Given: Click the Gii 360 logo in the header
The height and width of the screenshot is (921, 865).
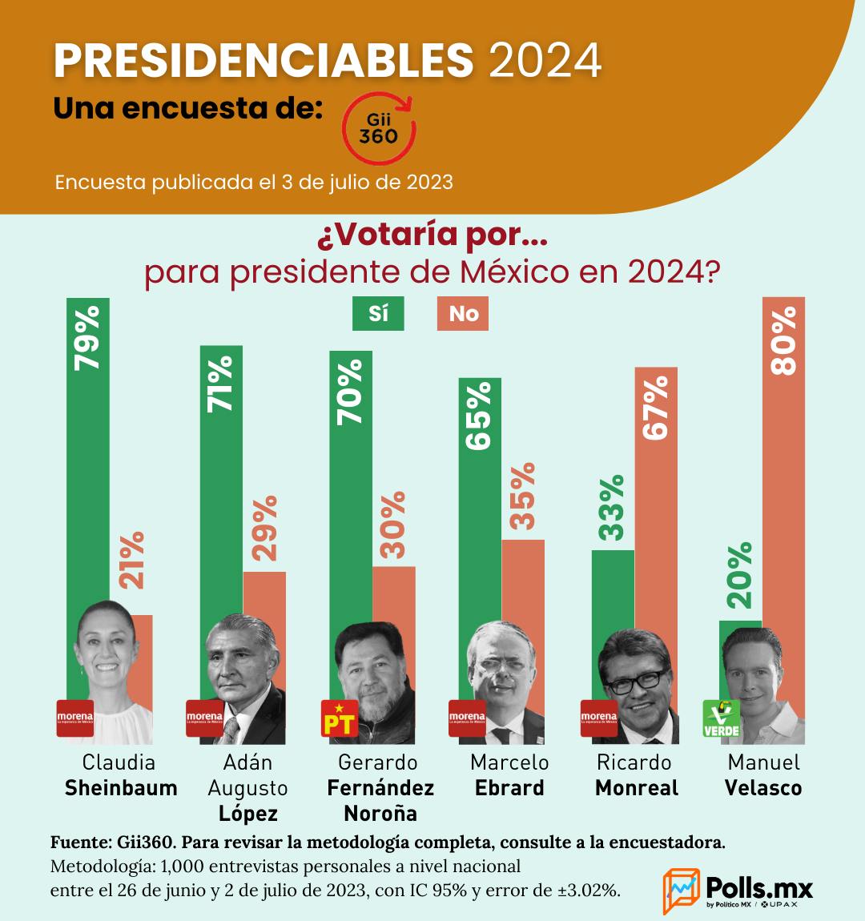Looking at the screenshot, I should click(x=377, y=129).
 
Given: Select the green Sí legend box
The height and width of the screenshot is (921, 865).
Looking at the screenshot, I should click(x=378, y=313).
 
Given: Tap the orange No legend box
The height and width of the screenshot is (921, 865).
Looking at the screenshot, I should click(x=463, y=313).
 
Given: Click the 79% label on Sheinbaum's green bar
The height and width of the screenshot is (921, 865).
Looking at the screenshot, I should click(x=87, y=336).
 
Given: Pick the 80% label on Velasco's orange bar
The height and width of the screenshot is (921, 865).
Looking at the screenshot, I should click(x=783, y=340).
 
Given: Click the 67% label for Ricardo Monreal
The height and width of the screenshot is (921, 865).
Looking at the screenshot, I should click(x=656, y=407).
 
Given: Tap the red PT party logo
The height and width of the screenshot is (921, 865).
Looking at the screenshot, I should click(x=338, y=718).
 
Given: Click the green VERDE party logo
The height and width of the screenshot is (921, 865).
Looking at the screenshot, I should click(x=721, y=718).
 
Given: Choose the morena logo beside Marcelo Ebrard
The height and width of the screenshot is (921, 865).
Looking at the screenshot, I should click(x=467, y=718).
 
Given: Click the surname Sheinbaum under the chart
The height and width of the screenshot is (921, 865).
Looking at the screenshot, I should click(x=121, y=788).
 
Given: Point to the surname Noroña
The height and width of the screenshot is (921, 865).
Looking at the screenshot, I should click(x=380, y=814).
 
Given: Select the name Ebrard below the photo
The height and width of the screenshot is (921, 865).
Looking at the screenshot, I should click(x=509, y=788).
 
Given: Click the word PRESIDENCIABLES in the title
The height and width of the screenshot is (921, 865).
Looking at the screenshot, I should click(x=264, y=60).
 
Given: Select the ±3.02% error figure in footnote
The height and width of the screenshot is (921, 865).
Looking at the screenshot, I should click(x=588, y=891).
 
